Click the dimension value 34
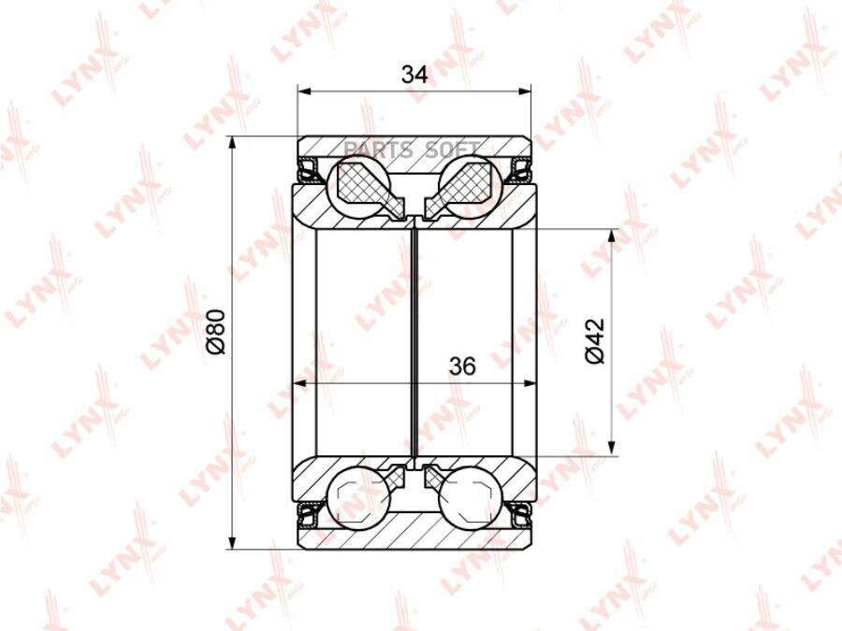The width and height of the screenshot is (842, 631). click(x=415, y=75)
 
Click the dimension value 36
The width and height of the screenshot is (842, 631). click(x=462, y=366)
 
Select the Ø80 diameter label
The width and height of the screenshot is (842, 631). click(x=216, y=332)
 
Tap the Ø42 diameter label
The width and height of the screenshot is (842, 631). click(x=595, y=340)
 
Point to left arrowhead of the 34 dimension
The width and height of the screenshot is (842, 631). click(x=304, y=92)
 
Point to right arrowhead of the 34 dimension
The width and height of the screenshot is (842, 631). click(x=524, y=92)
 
